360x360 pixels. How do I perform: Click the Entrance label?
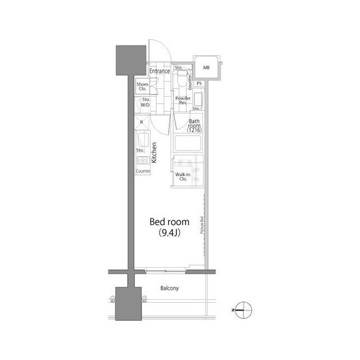point(160,71)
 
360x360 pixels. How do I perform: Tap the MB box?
point(206,68)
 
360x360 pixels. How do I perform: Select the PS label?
point(200,84)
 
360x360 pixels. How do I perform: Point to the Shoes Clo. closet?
point(142,87)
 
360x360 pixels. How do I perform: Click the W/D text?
point(145,105)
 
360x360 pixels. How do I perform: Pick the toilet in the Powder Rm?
point(182,79)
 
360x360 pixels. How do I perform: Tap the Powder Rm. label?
point(182,101)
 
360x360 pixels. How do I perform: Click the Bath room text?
point(195,124)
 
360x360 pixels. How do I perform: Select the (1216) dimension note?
point(195,131)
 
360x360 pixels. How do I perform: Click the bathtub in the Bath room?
point(187,144)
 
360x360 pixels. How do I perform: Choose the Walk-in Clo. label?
point(182,177)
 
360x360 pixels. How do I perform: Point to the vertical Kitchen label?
point(154,152)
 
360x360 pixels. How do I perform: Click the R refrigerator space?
point(141,122)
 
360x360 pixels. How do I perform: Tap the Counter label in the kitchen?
point(143,171)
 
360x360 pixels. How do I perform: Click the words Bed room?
point(169,221)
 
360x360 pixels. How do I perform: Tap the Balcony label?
point(169,289)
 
